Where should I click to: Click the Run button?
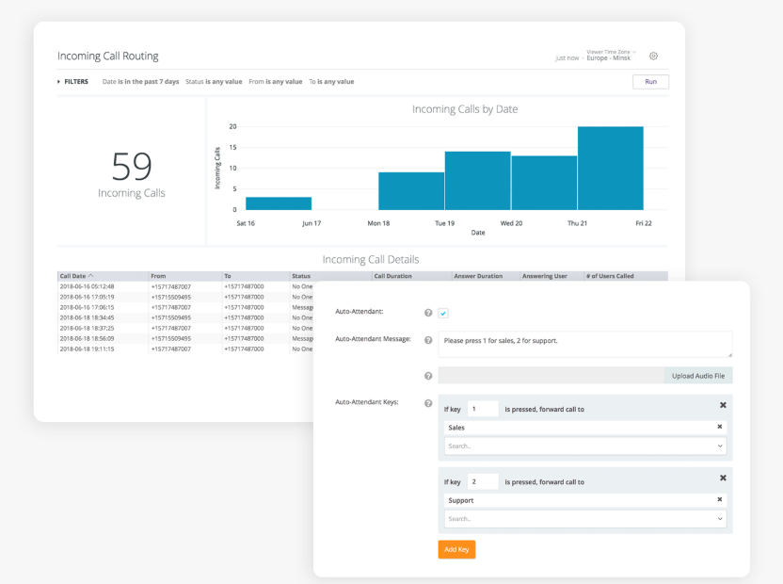[x=650, y=82]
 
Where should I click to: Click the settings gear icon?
[x=654, y=57]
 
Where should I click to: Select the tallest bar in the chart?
[x=610, y=168]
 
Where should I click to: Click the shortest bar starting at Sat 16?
[x=279, y=203]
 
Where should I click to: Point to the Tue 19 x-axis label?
[x=445, y=223]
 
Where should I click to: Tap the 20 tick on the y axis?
[x=232, y=126]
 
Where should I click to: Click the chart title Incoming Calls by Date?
[x=465, y=109]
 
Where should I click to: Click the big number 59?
[x=132, y=167]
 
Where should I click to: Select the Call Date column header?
[x=76, y=276]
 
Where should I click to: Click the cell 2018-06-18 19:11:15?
[x=87, y=349]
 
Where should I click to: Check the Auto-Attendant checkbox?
[x=443, y=313]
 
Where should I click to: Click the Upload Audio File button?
[x=697, y=376]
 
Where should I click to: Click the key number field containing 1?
[x=483, y=409]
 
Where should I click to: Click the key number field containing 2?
[x=483, y=481]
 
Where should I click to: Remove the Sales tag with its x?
[x=720, y=428]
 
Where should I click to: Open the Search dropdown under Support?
[x=584, y=519]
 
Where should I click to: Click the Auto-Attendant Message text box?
[x=584, y=344]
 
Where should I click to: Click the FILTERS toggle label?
[x=76, y=82]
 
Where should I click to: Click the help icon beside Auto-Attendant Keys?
[x=428, y=403]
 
